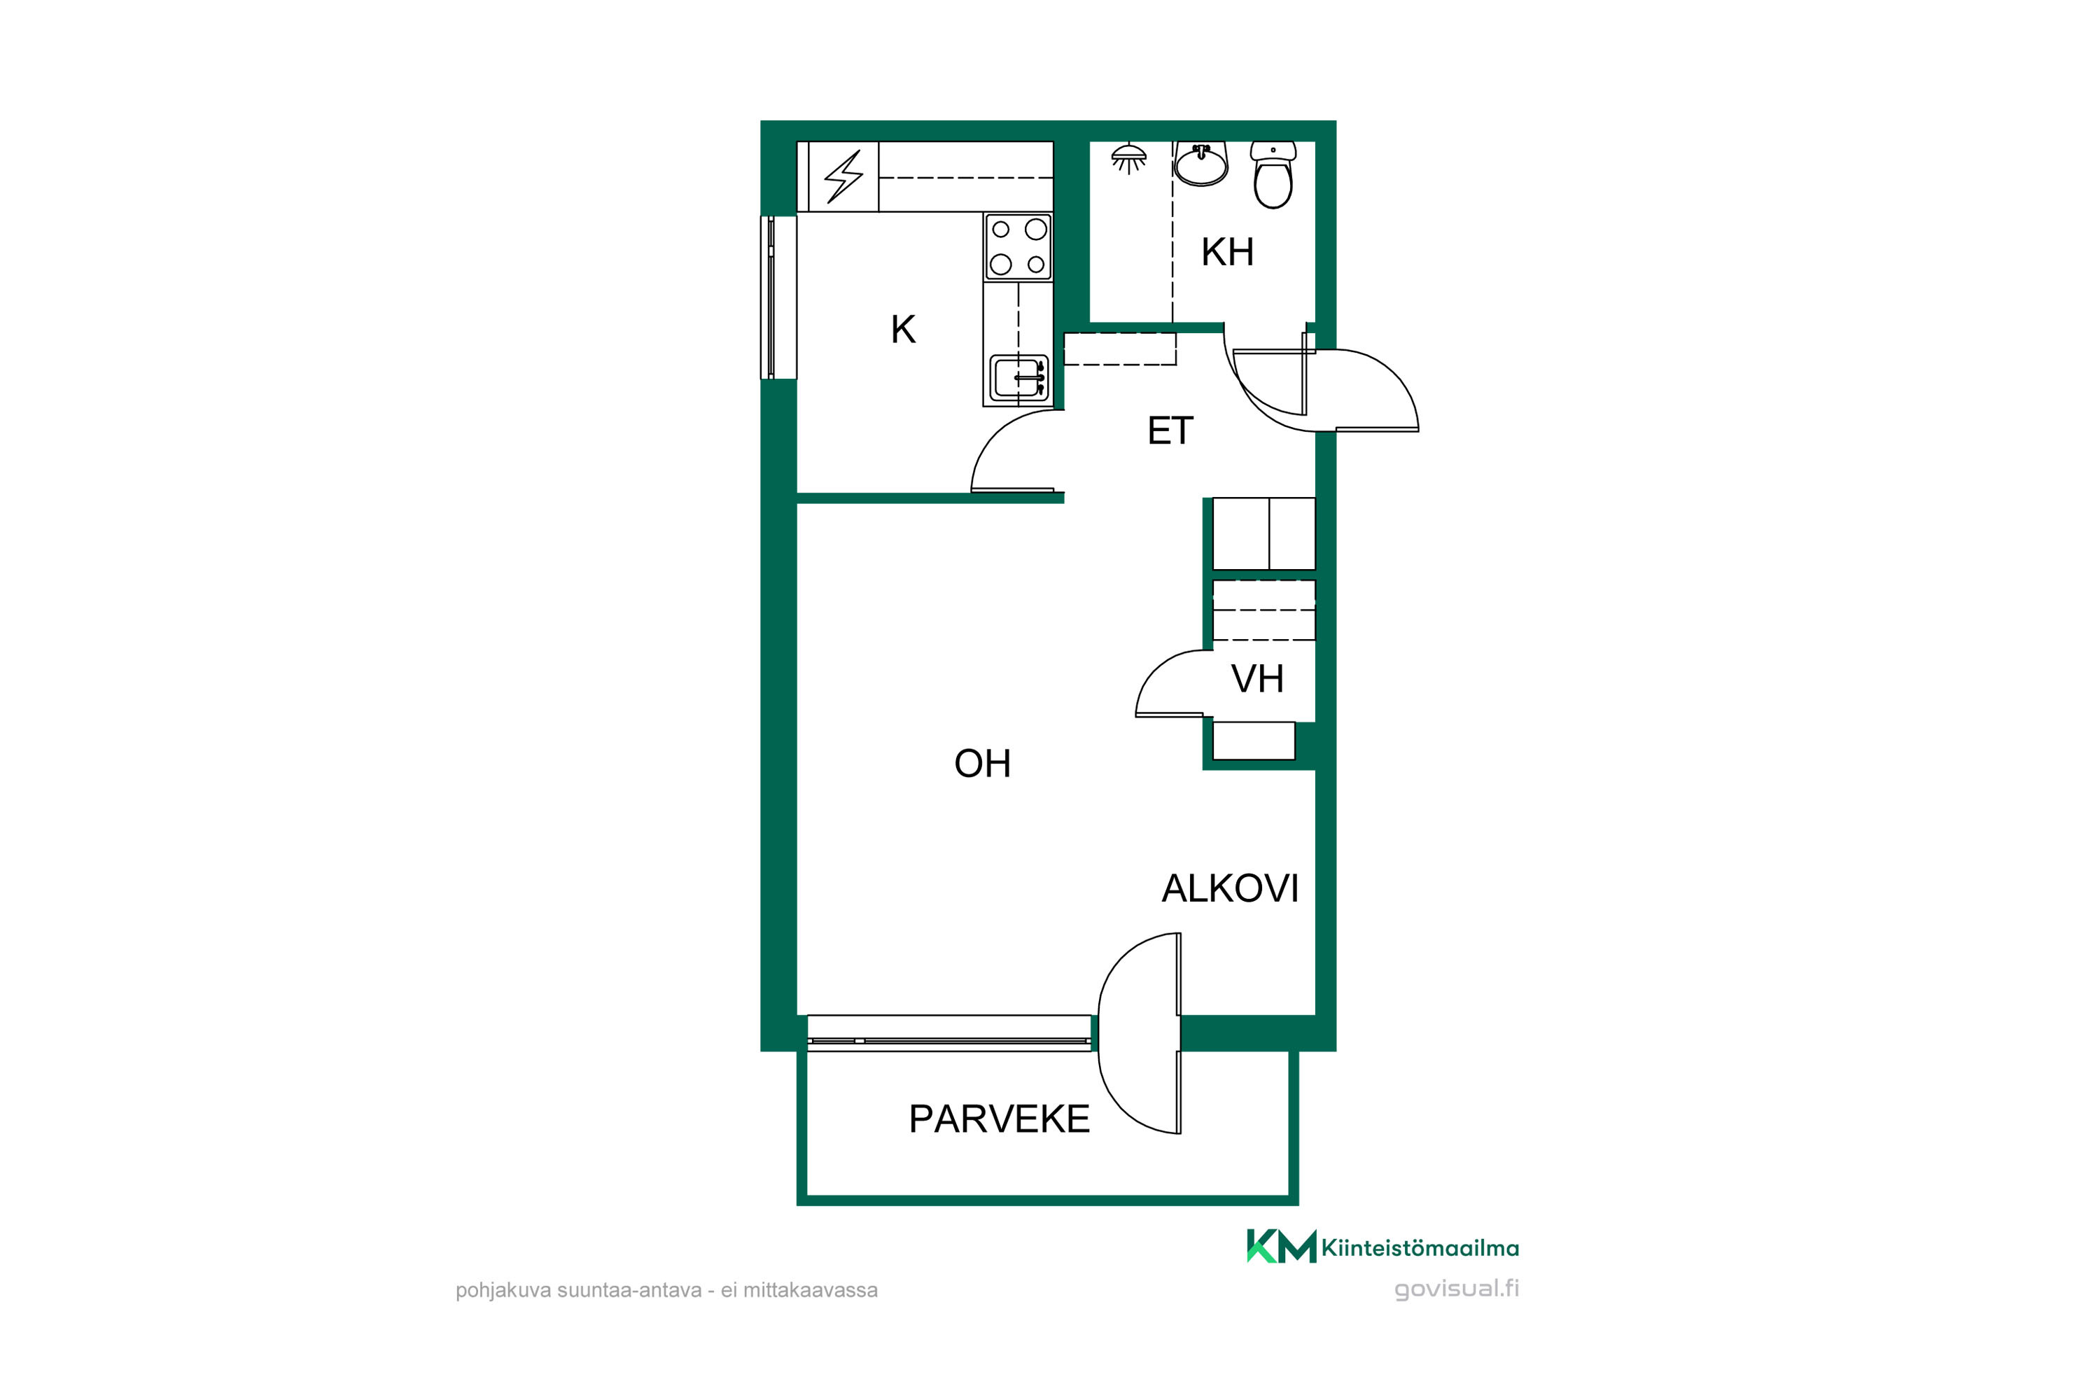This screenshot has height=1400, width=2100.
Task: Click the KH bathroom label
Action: coord(1227,252)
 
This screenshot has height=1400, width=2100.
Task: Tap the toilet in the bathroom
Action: coord(1273,175)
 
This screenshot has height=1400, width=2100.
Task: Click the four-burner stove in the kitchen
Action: coord(1018,247)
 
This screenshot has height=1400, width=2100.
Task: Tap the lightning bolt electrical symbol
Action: coord(843,177)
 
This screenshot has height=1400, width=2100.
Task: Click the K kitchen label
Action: coord(903,330)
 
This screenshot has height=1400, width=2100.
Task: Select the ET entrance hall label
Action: coord(1170,431)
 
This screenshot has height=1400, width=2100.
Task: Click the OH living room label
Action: coord(982,764)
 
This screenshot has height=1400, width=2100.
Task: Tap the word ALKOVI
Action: coord(1229,888)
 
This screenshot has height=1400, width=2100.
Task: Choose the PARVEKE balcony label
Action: coord(999,1119)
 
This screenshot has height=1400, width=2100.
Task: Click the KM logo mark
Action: coord(1281,1247)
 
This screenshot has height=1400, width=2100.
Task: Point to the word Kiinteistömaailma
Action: coord(1420,1248)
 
